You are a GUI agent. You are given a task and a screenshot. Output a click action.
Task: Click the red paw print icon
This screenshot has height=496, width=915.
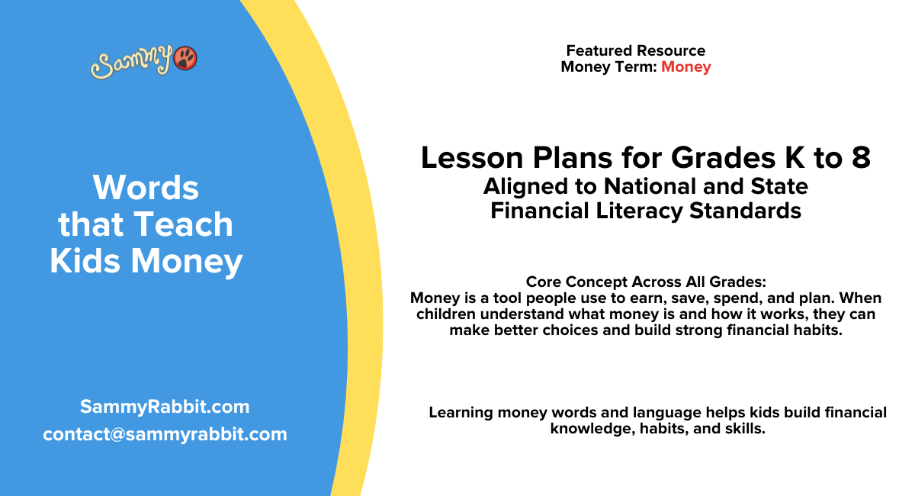click(x=185, y=58)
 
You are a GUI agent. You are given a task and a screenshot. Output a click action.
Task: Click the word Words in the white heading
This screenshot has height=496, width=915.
click(x=146, y=187)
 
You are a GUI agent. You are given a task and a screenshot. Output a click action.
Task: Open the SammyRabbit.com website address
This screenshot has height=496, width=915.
click(x=165, y=407)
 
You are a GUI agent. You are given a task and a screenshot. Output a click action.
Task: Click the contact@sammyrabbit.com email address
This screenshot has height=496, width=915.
click(x=165, y=434)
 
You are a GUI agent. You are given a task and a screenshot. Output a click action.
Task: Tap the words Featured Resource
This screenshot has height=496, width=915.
click(x=635, y=50)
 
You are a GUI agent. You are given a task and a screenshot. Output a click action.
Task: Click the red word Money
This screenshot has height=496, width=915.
click(x=685, y=66)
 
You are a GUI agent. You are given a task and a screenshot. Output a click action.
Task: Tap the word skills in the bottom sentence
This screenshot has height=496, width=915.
click(x=744, y=429)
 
